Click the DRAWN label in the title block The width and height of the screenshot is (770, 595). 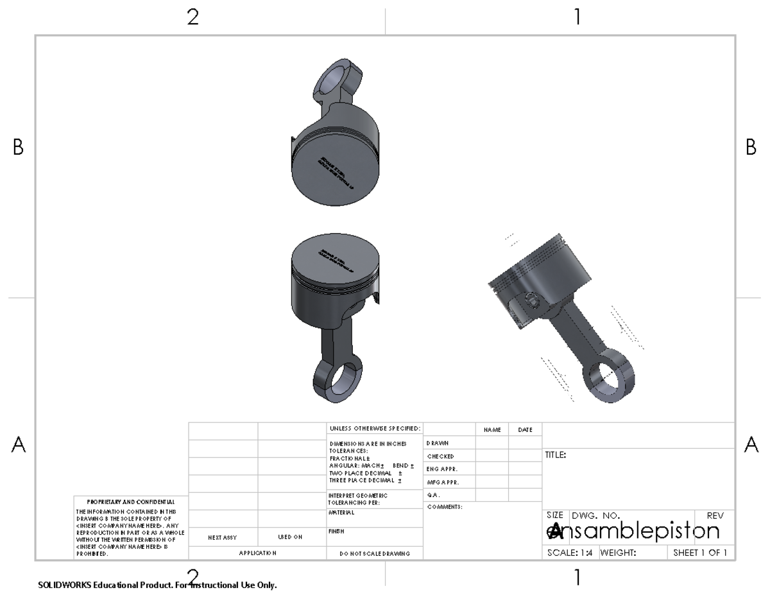pyautogui.click(x=437, y=443)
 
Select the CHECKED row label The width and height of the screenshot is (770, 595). pyautogui.click(x=440, y=456)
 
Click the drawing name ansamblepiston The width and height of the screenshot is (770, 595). pyautogui.click(x=633, y=531)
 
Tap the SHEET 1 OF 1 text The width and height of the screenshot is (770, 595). pyautogui.click(x=700, y=553)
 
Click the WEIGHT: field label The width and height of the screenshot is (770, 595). pyautogui.click(x=617, y=553)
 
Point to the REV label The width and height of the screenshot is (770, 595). pyautogui.click(x=715, y=515)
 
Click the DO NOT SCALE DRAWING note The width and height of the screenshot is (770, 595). pyautogui.click(x=375, y=553)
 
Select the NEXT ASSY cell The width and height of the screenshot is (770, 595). pyautogui.click(x=223, y=537)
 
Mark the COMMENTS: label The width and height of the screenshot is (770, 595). pyautogui.click(x=445, y=507)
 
